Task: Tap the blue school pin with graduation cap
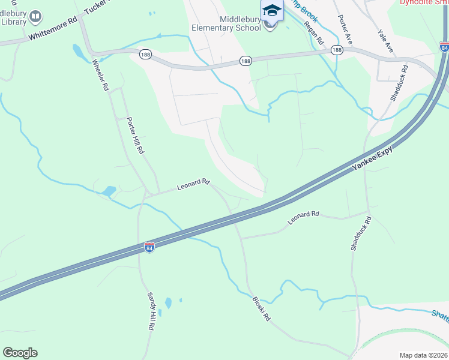click(x=271, y=10)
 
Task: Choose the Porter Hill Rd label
click(x=135, y=136)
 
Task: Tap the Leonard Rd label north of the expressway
click(x=193, y=185)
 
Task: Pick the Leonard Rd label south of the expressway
click(x=303, y=217)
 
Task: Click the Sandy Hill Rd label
click(x=151, y=311)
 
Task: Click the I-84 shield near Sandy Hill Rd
click(x=149, y=247)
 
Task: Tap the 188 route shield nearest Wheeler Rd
click(x=145, y=54)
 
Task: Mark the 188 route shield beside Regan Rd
click(x=337, y=50)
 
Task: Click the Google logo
click(x=20, y=353)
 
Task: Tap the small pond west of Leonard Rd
click(x=109, y=191)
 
